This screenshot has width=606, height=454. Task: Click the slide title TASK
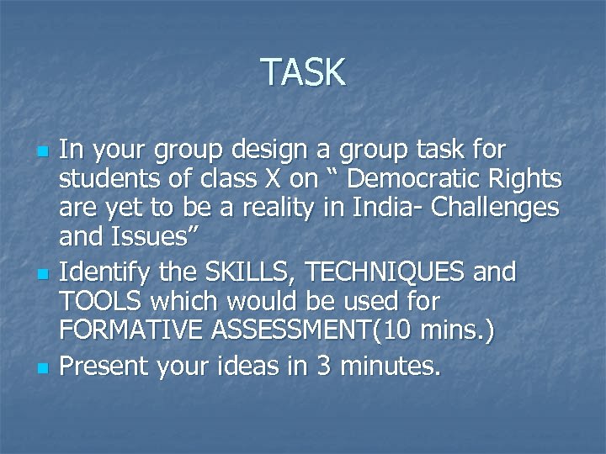tap(303, 72)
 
